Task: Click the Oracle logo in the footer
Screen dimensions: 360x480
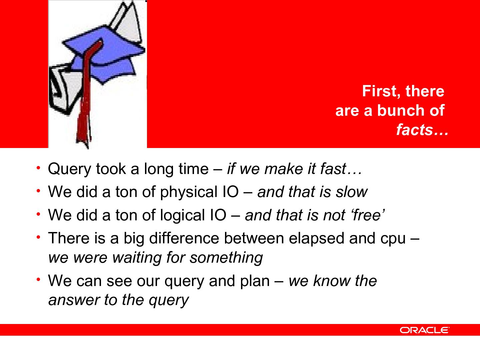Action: (x=424, y=330)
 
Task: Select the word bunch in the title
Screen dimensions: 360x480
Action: (x=400, y=111)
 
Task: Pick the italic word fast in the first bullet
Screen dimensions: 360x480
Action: (x=333, y=169)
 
